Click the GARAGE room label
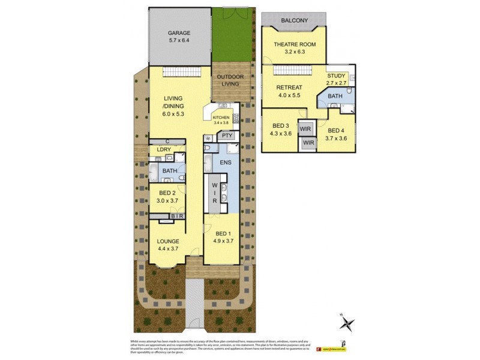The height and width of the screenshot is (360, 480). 179,34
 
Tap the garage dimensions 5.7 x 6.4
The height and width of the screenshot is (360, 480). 179,41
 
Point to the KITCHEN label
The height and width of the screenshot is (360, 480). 221,118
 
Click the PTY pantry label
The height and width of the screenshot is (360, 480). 226,136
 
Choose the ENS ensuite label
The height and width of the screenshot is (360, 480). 226,162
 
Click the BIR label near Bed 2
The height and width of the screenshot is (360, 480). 177,216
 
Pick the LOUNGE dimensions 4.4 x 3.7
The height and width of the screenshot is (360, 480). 169,249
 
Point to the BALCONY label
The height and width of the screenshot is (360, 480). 295,21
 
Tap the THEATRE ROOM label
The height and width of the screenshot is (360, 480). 295,44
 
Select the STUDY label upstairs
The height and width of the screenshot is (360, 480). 336,76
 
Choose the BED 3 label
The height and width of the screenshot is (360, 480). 281,125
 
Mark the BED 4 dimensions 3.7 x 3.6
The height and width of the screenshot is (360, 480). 335,139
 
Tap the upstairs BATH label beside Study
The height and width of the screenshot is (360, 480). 335,96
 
